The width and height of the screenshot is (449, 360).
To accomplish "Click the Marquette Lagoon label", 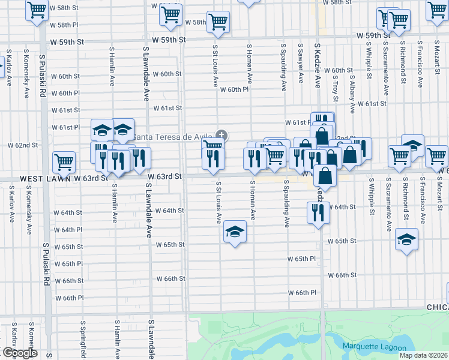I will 374,347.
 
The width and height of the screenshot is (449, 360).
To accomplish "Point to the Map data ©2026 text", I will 423,355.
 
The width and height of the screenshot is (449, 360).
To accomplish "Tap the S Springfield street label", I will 83,339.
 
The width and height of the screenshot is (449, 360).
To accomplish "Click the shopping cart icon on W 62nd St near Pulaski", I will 64,161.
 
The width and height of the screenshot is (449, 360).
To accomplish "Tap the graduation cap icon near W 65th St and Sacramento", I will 406,240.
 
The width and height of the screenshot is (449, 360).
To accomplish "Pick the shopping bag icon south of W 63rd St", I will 325,176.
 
